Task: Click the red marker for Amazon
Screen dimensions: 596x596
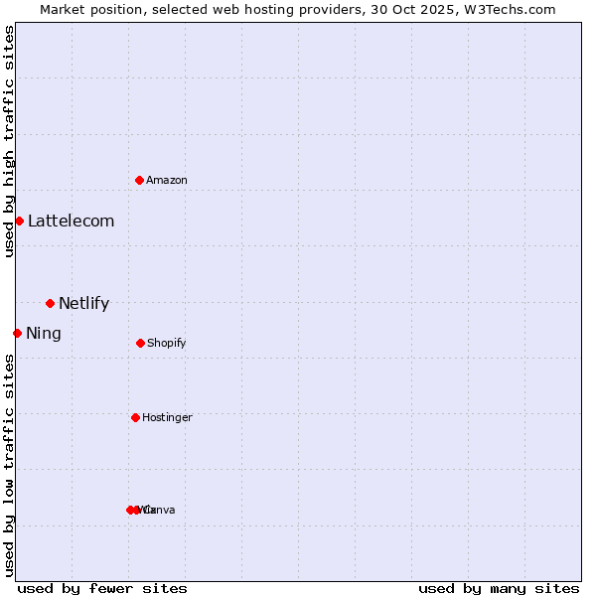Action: point(140,180)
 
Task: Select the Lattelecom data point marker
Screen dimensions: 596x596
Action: point(19,221)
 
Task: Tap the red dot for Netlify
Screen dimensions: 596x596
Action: point(50,303)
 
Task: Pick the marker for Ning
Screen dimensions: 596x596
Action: point(17,333)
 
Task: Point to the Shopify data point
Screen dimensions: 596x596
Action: point(140,343)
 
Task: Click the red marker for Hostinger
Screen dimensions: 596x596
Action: point(135,417)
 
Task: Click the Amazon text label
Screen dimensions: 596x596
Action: point(167,181)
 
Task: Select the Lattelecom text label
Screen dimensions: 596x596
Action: point(71,222)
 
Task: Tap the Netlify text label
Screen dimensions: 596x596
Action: point(83,304)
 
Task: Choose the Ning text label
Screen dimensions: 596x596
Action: point(44,334)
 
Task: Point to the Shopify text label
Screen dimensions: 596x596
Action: point(167,344)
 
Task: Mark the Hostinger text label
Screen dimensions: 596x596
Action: point(167,418)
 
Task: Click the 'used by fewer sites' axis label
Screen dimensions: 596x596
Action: point(102,588)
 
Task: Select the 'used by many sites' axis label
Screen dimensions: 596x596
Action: point(499,588)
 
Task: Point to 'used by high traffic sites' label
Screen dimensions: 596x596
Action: point(9,142)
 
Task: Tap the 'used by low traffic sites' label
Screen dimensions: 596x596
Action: point(9,465)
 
